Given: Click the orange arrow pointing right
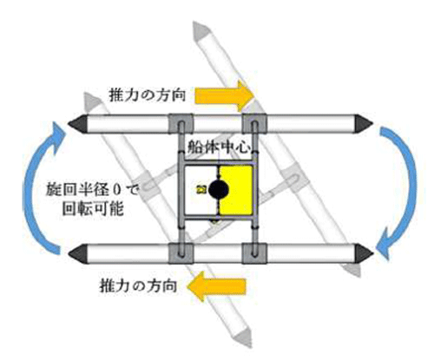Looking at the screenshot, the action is point(224,96).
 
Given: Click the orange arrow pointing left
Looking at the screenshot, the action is point(216,286).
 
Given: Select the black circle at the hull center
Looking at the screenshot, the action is point(219,189).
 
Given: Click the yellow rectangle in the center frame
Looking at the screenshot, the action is point(236,190).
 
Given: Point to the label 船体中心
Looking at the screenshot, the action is point(219,147).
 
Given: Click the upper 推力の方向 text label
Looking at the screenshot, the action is point(147,95).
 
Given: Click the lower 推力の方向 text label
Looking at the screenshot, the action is point(138,285).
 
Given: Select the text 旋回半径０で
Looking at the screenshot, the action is point(93,190).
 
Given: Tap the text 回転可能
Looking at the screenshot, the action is point(93,209).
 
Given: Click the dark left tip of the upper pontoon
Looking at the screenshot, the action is point(78,124).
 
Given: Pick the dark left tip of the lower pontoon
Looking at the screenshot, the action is point(78,253).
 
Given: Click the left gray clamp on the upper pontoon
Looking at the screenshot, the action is point(181,123).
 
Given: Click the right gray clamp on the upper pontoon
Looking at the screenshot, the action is point(254,123).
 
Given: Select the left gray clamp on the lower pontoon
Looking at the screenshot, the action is point(181,253).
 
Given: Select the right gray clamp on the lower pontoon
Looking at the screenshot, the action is point(254,253).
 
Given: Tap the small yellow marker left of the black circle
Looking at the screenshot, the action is point(201,190).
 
